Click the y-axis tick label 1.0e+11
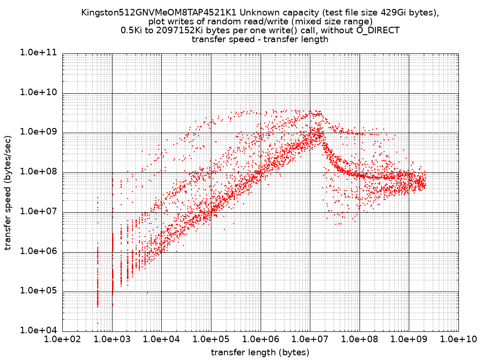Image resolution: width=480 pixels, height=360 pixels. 38,53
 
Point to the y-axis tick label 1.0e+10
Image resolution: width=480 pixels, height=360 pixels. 38,93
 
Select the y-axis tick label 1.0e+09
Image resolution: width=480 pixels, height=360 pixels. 38,132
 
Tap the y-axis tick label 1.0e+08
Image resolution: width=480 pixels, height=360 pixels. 38,172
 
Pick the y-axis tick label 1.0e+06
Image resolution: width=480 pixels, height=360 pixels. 38,251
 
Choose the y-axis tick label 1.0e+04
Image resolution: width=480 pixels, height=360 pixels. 38,330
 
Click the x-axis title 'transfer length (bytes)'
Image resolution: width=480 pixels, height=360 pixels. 260,352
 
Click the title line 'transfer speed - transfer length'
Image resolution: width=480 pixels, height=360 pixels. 260,39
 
